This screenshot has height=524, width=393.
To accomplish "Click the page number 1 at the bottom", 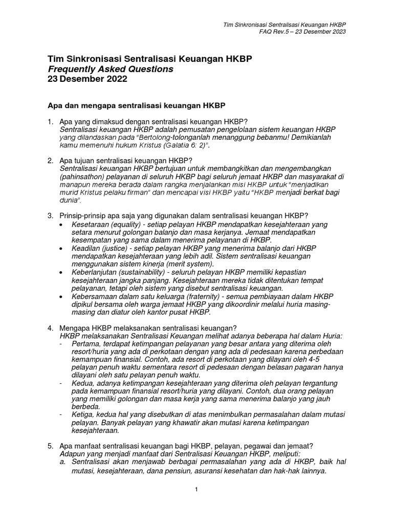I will (x=196, y=490).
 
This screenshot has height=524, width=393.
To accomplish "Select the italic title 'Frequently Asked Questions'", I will (x=110, y=69).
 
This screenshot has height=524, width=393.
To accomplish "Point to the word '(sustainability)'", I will (x=145, y=273).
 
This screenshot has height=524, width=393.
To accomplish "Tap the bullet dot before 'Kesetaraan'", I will (x=62, y=225).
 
